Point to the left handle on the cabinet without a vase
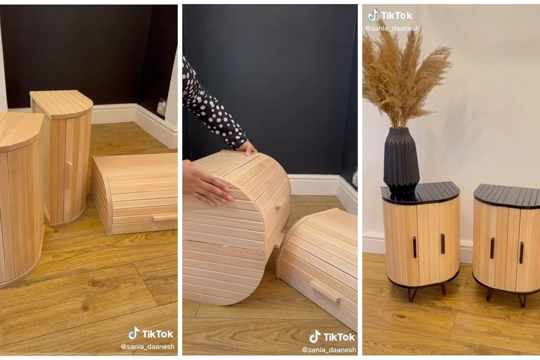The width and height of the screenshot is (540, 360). tap(492, 248)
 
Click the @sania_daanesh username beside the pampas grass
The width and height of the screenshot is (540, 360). tap(391, 28)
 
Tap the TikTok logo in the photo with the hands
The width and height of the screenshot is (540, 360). tap(332, 337)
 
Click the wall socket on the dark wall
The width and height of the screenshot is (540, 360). tap(161, 107)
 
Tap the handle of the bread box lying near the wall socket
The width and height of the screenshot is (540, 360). tap(164, 217)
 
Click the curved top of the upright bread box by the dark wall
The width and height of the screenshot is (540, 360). tap(62, 103)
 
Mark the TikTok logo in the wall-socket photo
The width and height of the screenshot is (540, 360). tap(151, 334)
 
